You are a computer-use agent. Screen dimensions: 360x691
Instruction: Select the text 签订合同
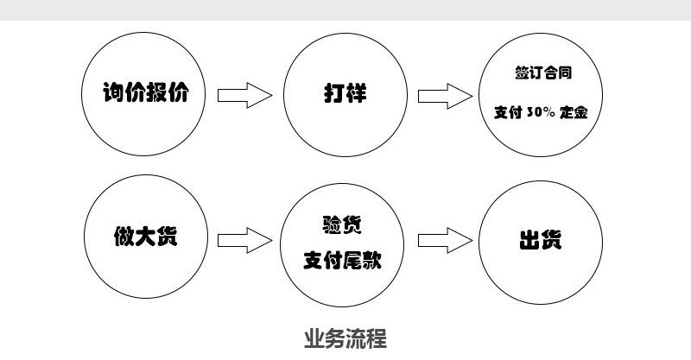542,74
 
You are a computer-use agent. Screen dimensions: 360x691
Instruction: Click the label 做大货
146,236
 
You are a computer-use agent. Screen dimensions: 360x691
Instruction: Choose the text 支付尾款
343,258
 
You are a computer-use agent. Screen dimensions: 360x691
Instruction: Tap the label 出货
541,239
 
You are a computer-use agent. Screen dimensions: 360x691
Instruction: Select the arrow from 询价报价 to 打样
244,94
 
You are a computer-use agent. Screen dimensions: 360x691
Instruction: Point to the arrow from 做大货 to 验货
244,239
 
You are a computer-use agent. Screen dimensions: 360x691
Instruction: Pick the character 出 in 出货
529,239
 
